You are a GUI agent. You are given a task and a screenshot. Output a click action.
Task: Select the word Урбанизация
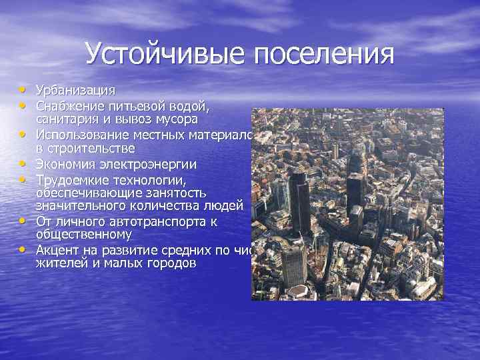[75, 90]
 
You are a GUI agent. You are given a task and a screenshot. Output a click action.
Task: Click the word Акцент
[56, 251]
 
